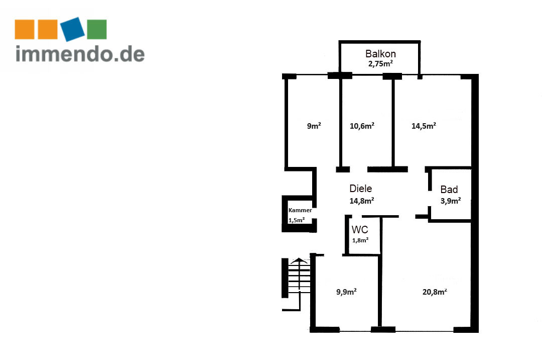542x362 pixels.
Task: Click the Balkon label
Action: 380,54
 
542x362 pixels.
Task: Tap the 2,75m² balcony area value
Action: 380,63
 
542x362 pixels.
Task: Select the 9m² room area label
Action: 314,126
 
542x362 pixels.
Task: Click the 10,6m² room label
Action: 362,126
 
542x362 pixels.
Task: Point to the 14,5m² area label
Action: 424,126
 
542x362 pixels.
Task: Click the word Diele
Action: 360,189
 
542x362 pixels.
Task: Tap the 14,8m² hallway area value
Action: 361,201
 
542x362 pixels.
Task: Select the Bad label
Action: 449,190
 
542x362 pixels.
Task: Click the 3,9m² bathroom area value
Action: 450,201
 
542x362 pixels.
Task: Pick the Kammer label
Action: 300,210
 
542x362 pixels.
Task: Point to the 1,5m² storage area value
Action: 297,220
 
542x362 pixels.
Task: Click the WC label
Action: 360,229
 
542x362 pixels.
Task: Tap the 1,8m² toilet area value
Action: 360,240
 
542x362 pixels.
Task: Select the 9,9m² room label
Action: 346,292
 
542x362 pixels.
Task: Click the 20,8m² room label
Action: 435,292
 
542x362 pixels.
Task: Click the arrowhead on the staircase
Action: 299,260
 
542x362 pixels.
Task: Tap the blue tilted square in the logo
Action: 73,29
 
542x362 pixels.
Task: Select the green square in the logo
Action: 97,30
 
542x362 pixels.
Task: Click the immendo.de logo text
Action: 80,54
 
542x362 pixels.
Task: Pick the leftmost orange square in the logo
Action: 25,30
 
